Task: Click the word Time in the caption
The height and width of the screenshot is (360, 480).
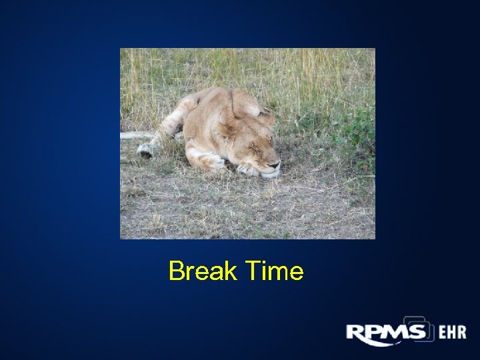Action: click(x=275, y=272)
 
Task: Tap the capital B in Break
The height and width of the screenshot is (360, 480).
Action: click(x=176, y=272)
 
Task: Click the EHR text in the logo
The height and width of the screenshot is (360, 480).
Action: click(x=451, y=333)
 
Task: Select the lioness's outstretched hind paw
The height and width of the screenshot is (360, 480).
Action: click(x=145, y=150)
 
